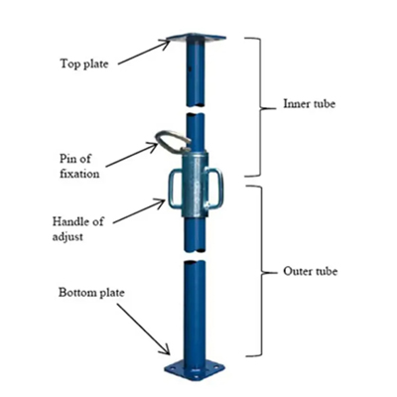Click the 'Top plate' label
84,64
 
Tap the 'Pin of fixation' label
79,166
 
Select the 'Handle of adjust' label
78,228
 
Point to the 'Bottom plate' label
91,293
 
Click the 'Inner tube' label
309,103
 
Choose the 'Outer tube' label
310,271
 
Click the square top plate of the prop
197,38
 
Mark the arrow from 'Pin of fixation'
132,155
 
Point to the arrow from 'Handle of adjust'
139,211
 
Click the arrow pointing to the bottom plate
143,330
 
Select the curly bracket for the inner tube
261,107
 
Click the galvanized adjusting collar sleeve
195,185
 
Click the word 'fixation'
79,174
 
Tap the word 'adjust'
67,236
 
